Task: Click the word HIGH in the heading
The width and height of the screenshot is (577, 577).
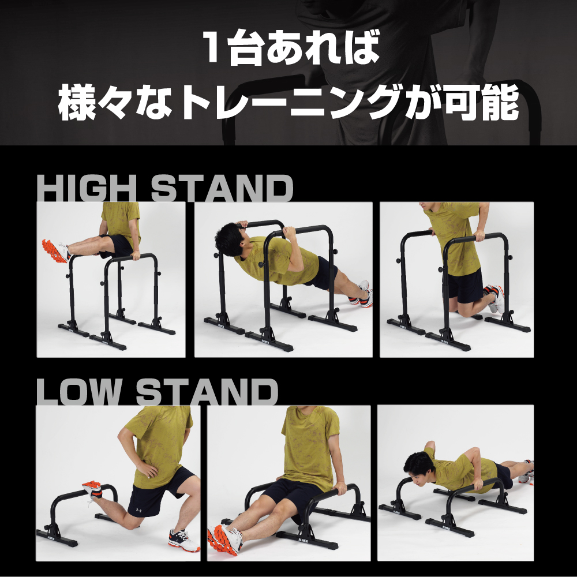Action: [87, 188]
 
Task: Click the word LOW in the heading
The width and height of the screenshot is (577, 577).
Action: [78, 392]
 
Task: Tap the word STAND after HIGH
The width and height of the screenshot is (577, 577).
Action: [222, 188]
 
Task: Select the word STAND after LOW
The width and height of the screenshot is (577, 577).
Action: [207, 392]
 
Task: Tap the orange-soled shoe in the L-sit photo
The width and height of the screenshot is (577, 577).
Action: [55, 250]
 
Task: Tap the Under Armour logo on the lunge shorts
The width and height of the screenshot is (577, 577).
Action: [138, 511]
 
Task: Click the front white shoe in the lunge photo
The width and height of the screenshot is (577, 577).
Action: [183, 540]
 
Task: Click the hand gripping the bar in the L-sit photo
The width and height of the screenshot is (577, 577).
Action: [136, 254]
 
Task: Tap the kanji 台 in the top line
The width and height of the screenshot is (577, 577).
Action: [244, 47]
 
